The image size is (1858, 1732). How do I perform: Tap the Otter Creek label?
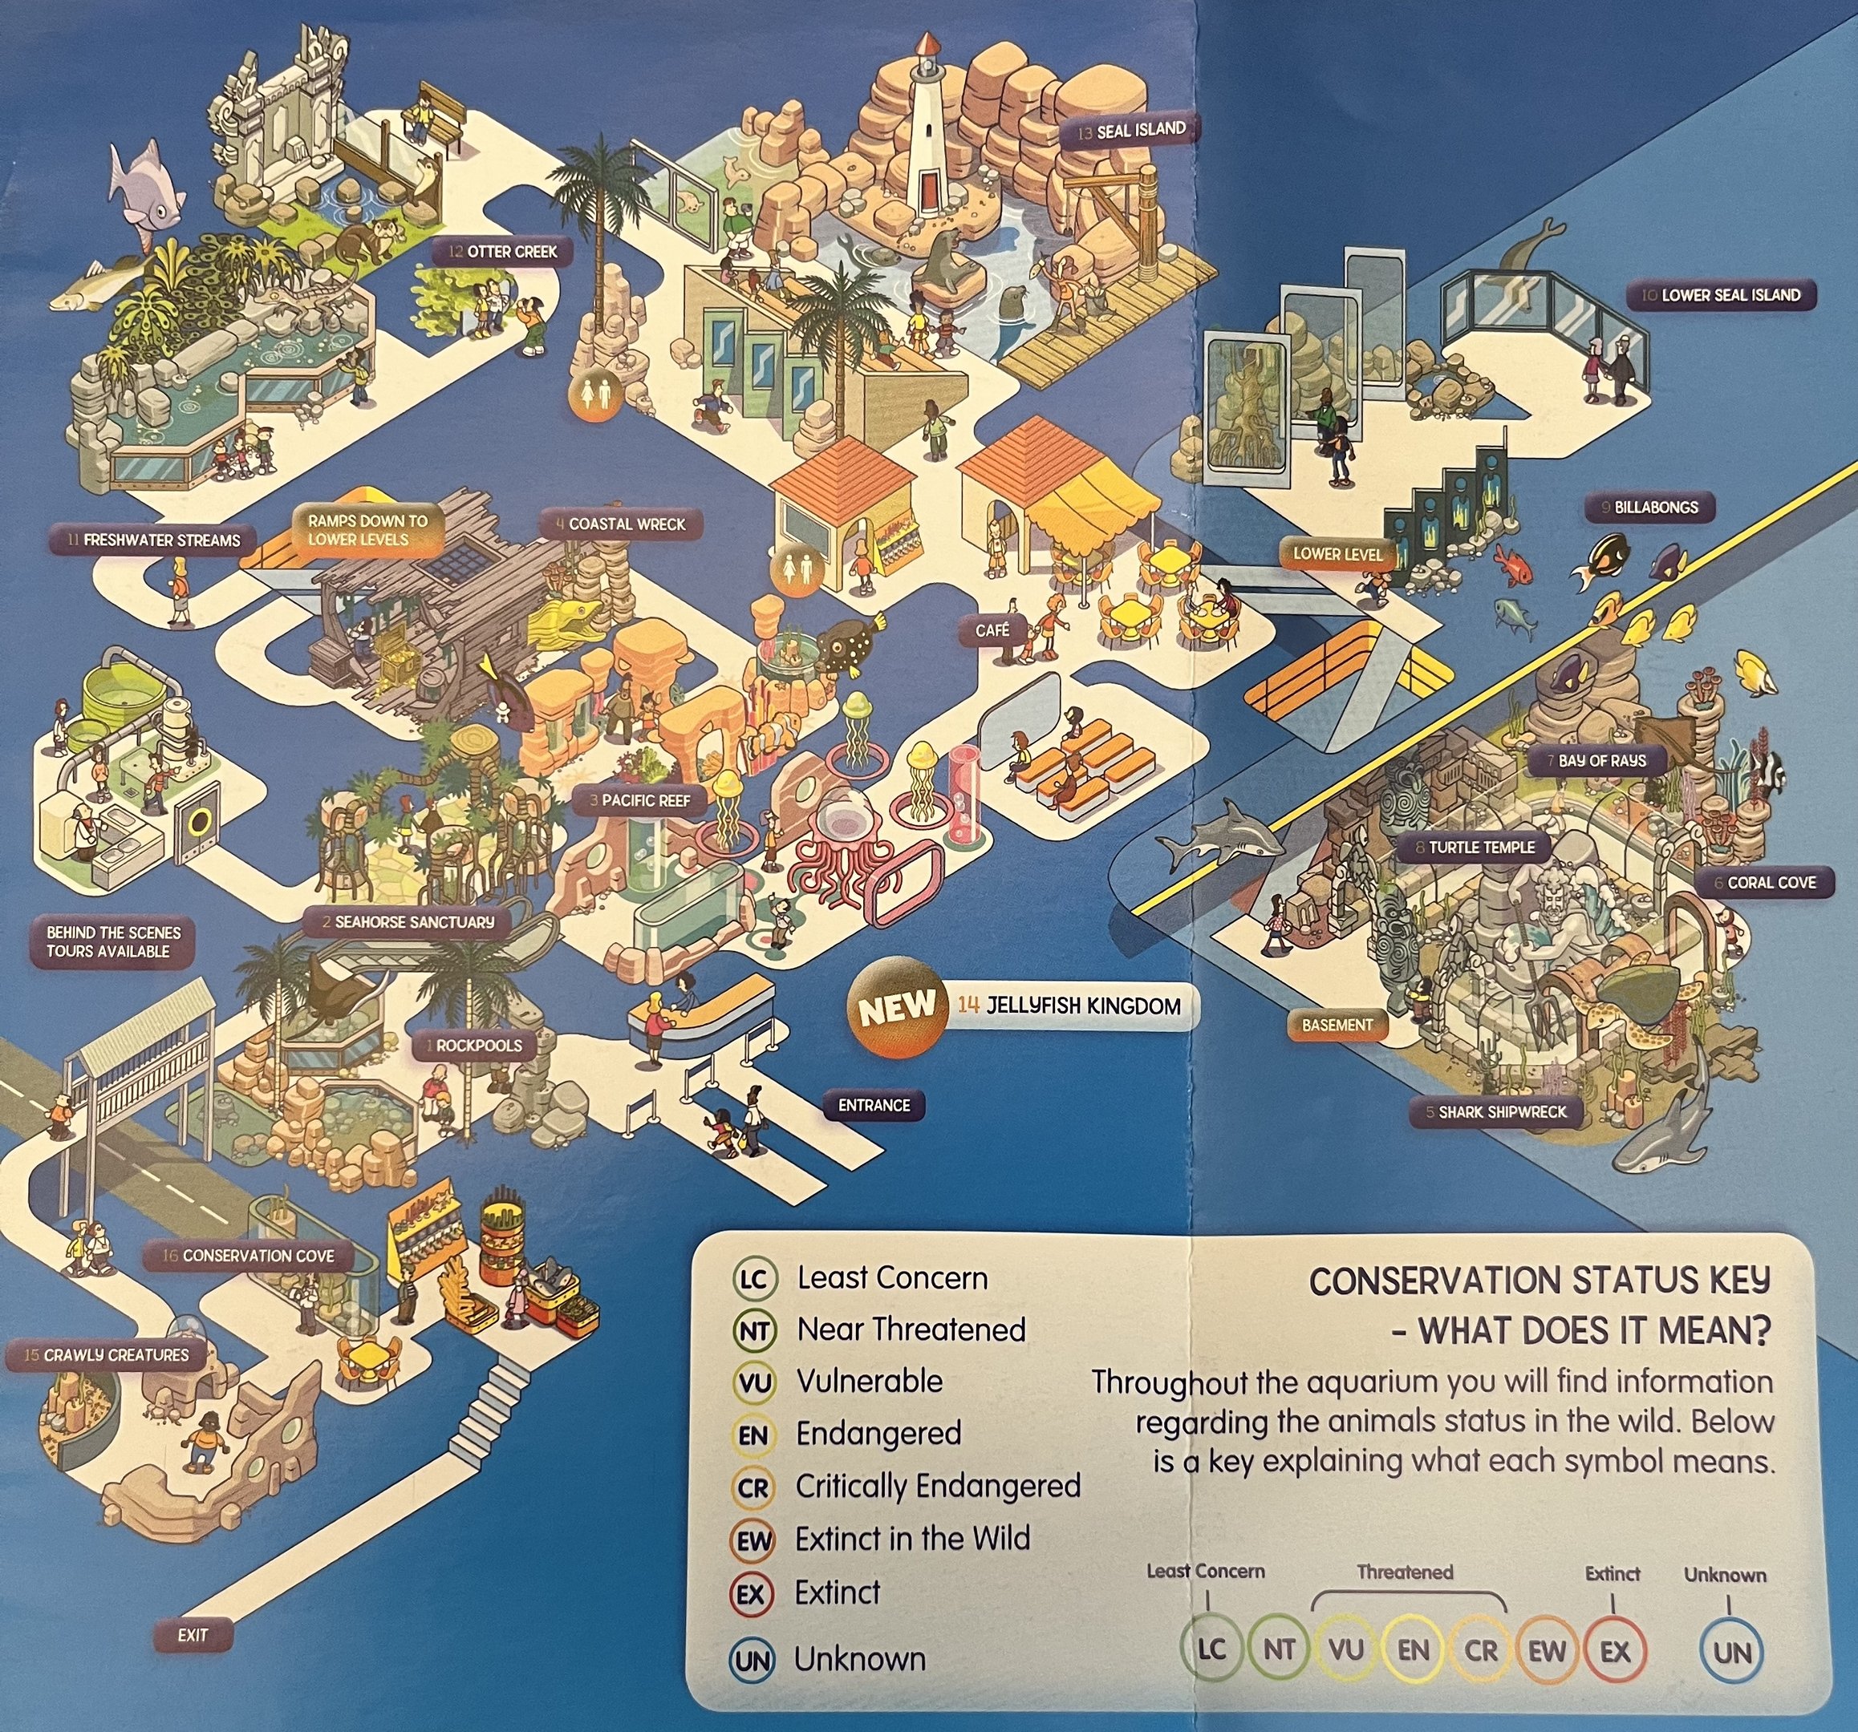pos(503,251)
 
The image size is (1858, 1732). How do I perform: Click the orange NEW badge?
pos(896,1008)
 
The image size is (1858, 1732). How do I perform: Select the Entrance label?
pos(874,1105)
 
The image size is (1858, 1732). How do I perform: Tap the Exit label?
pos(193,1635)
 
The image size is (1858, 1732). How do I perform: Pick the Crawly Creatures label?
pos(107,1354)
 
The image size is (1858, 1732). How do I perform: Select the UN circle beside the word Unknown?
pos(752,1661)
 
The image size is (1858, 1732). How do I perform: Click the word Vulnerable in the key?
pos(869,1381)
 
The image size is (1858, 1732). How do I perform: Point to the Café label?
pos(992,630)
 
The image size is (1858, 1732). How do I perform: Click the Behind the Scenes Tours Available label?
pos(114,941)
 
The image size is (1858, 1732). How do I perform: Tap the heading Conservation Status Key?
pos(1540,1280)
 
